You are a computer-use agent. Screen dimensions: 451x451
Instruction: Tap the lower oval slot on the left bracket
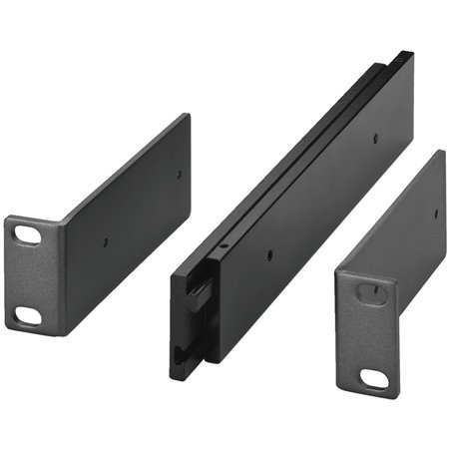tap(28, 314)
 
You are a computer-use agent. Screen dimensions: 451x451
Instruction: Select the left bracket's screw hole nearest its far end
tap(180, 174)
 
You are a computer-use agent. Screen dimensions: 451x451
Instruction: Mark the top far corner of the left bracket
tap(187, 116)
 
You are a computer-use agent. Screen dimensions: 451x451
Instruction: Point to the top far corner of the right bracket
tap(441, 152)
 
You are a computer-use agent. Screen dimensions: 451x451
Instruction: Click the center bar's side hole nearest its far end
tap(376, 140)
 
